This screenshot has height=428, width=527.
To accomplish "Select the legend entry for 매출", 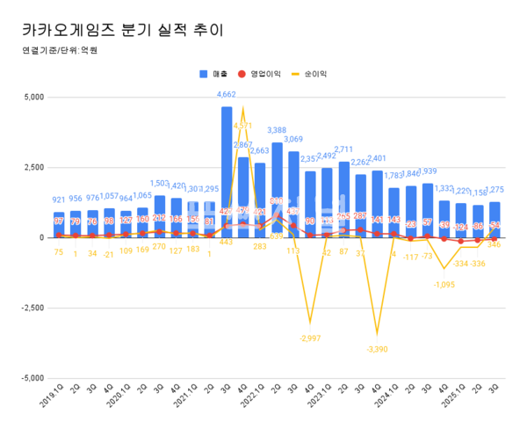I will (214, 75).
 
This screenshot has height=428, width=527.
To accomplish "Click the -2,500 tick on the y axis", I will (29, 308).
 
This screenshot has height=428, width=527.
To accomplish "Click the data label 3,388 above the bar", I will (277, 132).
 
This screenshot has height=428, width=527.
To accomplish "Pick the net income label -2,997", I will (310, 337).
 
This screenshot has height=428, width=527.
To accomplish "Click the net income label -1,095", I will (444, 284).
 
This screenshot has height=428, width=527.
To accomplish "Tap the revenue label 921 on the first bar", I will (59, 201).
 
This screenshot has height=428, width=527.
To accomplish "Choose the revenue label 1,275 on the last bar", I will (495, 191).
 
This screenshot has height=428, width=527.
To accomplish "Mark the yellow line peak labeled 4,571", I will (243, 126).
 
